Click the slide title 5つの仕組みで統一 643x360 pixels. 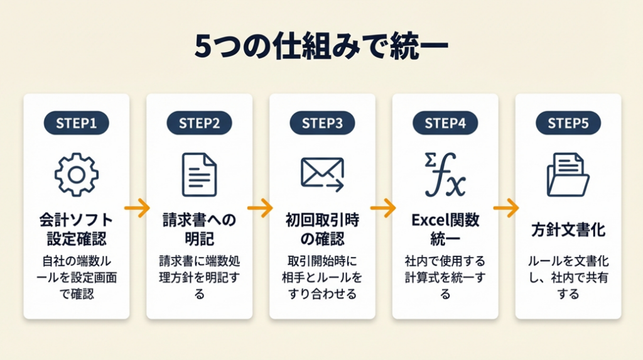click(x=321, y=48)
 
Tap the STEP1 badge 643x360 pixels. click(x=77, y=123)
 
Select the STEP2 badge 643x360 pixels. click(x=199, y=123)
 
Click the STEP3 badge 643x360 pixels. click(x=322, y=123)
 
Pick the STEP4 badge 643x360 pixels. click(x=445, y=123)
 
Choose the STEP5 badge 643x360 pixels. click(x=568, y=123)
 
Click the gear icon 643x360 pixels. click(x=77, y=174)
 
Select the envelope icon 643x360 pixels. click(x=322, y=174)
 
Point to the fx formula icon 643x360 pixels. click(x=445, y=175)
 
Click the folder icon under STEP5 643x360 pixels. click(x=568, y=175)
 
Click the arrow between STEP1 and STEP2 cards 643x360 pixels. click(x=138, y=207)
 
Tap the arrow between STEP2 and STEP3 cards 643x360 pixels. click(x=260, y=207)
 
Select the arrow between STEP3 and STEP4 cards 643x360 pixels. click(x=383, y=207)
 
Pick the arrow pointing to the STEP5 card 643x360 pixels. click(x=506, y=207)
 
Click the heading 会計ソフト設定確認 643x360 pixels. click(x=77, y=229)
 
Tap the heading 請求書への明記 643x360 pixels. click(x=199, y=229)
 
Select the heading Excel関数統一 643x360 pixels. click(x=445, y=229)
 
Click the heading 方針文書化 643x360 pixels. click(x=568, y=230)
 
